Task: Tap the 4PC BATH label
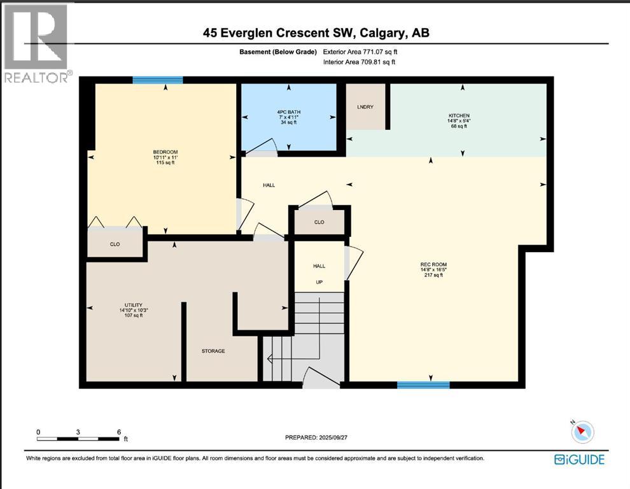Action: (x=289, y=110)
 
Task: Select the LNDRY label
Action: (x=365, y=107)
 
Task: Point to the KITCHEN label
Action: (x=459, y=115)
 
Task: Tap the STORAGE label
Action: (x=213, y=351)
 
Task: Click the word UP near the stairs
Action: (x=319, y=281)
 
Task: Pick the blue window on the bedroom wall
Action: (x=158, y=80)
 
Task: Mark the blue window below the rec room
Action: (x=423, y=385)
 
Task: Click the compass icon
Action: (x=582, y=432)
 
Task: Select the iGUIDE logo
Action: (x=579, y=459)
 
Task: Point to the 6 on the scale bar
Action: (x=118, y=432)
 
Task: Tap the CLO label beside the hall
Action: (x=319, y=222)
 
